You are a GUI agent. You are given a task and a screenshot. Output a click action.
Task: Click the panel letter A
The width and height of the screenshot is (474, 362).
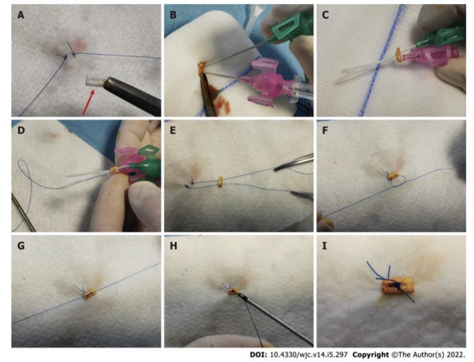pos(21,15)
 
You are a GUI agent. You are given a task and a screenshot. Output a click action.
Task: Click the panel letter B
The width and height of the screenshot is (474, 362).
pos(173,15)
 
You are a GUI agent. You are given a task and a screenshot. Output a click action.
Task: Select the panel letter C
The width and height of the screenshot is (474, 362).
pos(326,15)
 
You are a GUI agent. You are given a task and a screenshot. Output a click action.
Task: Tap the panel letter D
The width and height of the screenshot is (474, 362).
pos(21,130)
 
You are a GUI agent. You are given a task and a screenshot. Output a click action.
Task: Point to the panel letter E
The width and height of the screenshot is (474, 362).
pos(173,130)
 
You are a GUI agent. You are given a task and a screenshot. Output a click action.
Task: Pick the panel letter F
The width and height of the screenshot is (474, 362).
pos(326,130)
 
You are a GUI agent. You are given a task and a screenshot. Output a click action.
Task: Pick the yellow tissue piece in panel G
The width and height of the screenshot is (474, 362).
pos(89,295)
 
